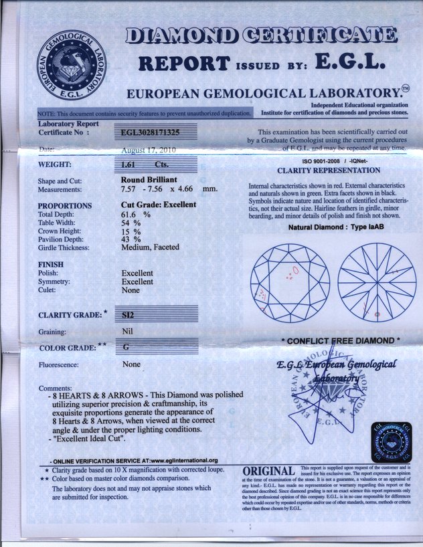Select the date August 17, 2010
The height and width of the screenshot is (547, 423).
tap(148, 150)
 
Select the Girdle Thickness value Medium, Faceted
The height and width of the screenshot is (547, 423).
tap(150, 247)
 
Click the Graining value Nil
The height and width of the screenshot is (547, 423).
tap(128, 331)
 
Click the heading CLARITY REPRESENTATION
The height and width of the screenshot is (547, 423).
tap(329, 171)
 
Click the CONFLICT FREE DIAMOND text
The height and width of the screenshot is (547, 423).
tap(341, 341)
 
